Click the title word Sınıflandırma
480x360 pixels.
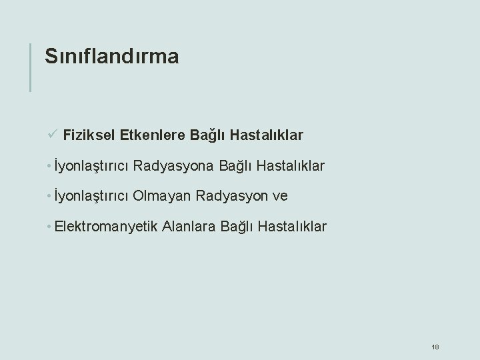pos(111,57)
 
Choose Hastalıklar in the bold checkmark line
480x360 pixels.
pos(267,136)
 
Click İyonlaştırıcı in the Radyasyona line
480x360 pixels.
pos(92,165)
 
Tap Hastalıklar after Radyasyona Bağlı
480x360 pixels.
pos(288,165)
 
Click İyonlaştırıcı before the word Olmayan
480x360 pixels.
pos(92,196)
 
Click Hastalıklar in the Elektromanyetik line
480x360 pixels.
pos(290,227)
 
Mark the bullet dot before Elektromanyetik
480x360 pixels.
pos(51,227)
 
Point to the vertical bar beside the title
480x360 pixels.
pos(31,67)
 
